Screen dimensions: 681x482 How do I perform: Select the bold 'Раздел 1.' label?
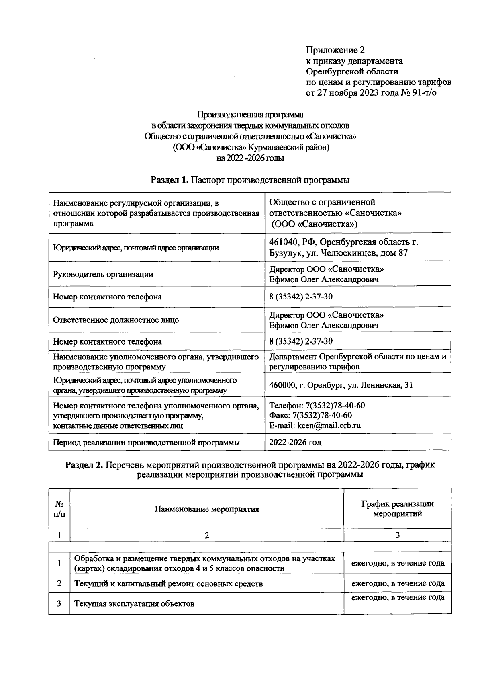coord(169,180)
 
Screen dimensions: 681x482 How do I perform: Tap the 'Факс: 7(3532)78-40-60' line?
coord(310,415)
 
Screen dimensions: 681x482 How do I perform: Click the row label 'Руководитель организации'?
coord(103,275)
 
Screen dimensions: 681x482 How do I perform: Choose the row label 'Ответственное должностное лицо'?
coord(116,320)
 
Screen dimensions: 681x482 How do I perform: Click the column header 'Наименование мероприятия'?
coord(207,509)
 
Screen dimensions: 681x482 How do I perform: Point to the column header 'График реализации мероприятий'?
coord(397,509)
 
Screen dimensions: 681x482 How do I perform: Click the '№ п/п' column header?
coord(59,509)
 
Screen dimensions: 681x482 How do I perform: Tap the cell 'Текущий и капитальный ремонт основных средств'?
coord(169,583)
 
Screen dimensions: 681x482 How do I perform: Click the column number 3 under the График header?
coord(398,535)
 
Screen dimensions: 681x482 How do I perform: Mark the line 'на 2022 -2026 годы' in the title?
coord(250,158)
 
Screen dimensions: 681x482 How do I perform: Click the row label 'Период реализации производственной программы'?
coord(146,443)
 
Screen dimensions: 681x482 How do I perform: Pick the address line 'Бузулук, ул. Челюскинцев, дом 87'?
coord(338,253)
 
